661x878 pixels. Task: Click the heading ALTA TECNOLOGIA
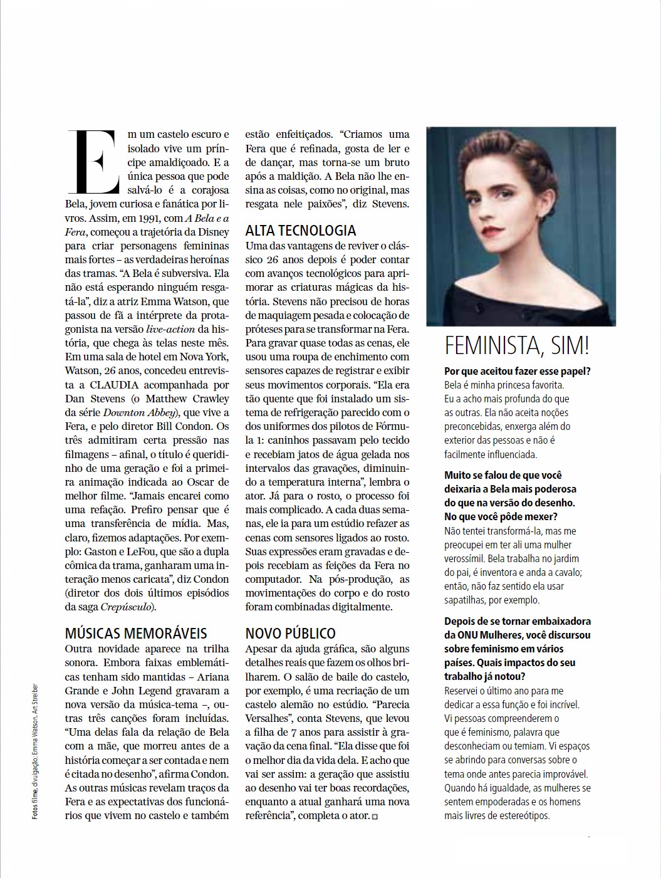click(301, 230)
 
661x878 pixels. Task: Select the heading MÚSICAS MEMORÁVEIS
click(136, 634)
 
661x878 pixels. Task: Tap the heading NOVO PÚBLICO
click(290, 634)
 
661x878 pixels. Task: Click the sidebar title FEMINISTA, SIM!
click(517, 345)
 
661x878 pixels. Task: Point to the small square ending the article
click(375, 816)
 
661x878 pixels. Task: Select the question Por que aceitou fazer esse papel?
click(518, 371)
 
